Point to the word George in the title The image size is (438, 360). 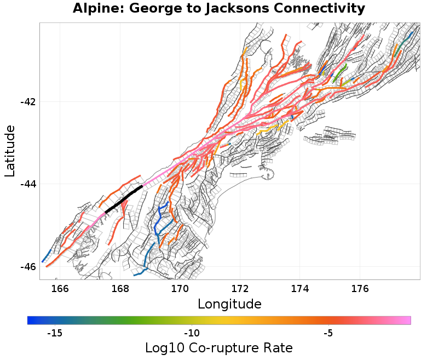[155, 9]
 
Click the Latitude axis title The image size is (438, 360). [10, 151]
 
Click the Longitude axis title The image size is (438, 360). [229, 304]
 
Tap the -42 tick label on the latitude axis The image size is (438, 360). [27, 102]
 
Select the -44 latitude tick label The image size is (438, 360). [27, 184]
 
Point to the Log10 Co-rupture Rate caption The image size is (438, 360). [218, 348]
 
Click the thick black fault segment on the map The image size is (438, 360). [124, 199]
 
